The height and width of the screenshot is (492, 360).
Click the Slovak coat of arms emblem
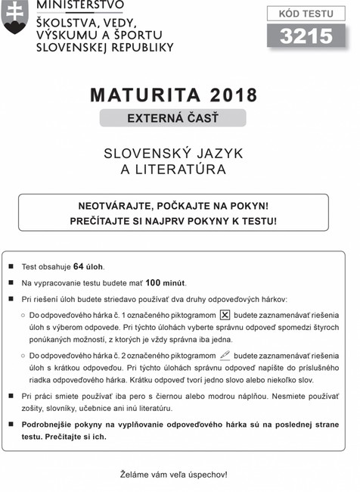coord(15,17)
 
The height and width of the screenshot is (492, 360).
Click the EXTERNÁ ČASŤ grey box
coord(173,118)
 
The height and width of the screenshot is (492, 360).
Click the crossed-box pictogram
coord(225,314)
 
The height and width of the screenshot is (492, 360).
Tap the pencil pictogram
coord(225,353)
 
